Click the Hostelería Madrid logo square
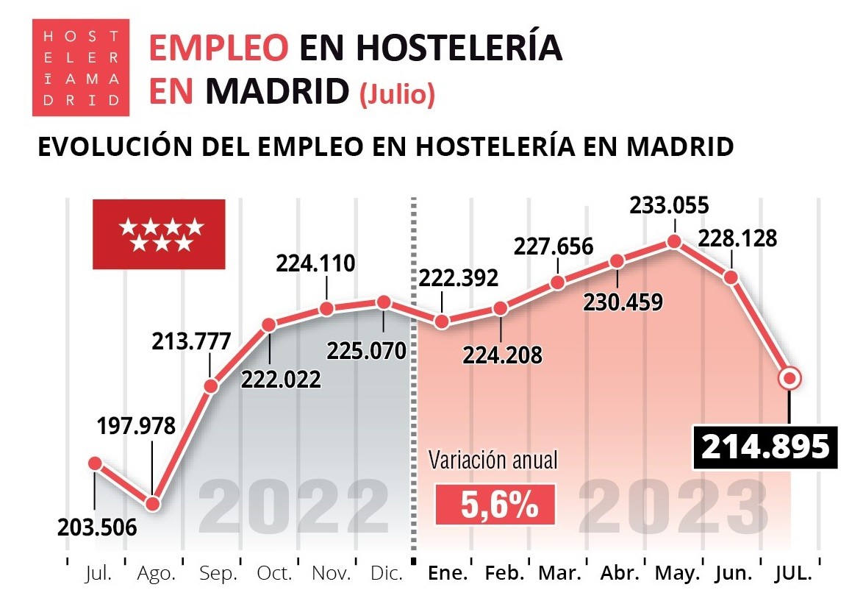click(x=82, y=68)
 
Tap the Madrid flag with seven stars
click(x=158, y=234)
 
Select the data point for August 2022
click(x=153, y=504)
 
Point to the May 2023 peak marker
click(x=673, y=241)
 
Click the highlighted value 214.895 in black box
click(x=765, y=447)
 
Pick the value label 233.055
click(x=670, y=206)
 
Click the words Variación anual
click(x=494, y=461)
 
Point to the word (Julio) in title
click(x=397, y=94)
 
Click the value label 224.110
click(x=315, y=263)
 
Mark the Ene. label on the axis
click(x=448, y=574)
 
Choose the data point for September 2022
click(x=211, y=385)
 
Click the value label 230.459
click(x=623, y=302)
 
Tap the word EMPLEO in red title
click(x=218, y=49)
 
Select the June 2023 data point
click(x=731, y=277)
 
